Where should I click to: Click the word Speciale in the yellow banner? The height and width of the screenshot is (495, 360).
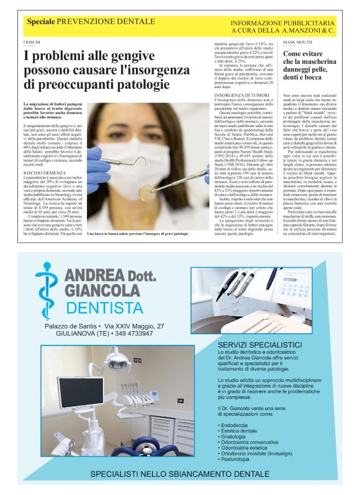click(40, 22)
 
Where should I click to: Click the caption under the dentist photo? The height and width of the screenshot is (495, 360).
click(138, 234)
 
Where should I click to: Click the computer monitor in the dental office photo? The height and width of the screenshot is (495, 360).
click(80, 391)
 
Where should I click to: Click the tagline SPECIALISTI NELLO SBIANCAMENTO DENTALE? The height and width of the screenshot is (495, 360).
click(179, 475)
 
